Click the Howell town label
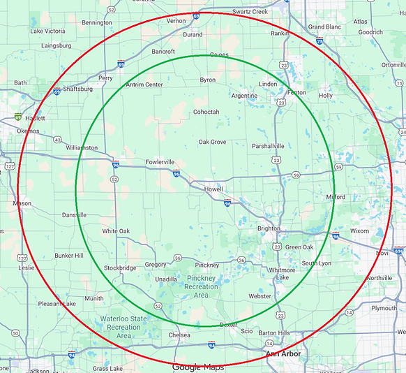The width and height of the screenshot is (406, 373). pyautogui.click(x=213, y=189)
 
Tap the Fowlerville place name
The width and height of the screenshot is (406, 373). pyautogui.click(x=160, y=161)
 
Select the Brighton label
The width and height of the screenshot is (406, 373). pyautogui.click(x=269, y=228)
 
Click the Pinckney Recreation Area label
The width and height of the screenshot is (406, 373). pyautogui.click(x=201, y=286)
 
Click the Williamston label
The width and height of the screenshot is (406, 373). pyautogui.click(x=82, y=147)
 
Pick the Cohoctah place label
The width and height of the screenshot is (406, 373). pyautogui.click(x=206, y=112)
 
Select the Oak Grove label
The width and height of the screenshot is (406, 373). pyautogui.click(x=212, y=142)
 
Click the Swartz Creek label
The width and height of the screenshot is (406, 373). pyautogui.click(x=250, y=11)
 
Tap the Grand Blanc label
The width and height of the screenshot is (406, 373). pyautogui.click(x=325, y=27)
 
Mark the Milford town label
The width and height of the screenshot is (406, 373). pyautogui.click(x=336, y=197)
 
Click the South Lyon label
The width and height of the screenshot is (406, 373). pyautogui.click(x=317, y=263)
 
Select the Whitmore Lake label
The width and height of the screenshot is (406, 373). pyautogui.click(x=282, y=274)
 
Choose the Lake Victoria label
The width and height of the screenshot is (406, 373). pyautogui.click(x=47, y=31)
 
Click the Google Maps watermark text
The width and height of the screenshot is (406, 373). pyautogui.click(x=198, y=367)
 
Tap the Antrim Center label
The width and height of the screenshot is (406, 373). pyautogui.click(x=144, y=85)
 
